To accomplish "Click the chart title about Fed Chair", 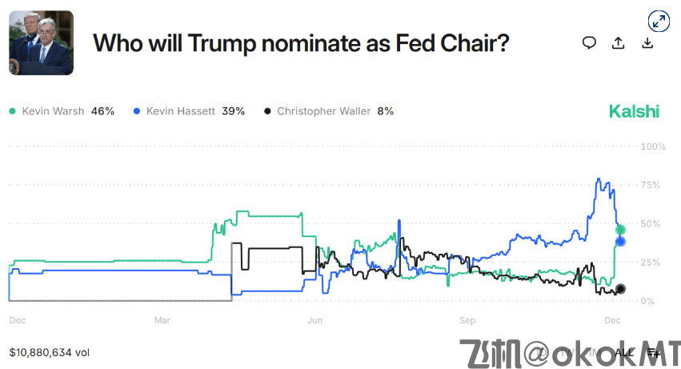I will (x=301, y=43).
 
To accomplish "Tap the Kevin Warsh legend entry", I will (x=62, y=111).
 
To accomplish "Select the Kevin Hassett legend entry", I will (x=189, y=111).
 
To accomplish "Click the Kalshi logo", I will (x=634, y=111).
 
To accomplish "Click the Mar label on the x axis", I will (x=162, y=320).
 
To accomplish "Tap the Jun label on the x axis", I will (x=315, y=320).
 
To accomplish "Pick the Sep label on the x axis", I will (x=468, y=320).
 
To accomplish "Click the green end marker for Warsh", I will (x=620, y=230).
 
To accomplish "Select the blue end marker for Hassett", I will (x=620, y=241).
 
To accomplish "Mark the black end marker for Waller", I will (x=620, y=289).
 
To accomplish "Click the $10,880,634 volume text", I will (x=50, y=352).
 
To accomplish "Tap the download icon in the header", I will (x=647, y=43).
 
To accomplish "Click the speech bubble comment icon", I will (x=589, y=43).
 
